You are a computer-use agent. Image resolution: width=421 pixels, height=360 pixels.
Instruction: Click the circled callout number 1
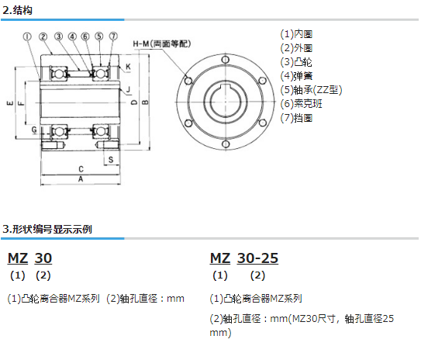coord(27,36)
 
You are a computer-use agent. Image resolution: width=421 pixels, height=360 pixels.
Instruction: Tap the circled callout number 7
coord(113,36)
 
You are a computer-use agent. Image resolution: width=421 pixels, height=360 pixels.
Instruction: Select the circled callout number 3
coord(58,36)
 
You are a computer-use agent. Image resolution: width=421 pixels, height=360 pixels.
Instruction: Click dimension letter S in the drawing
coord(111,160)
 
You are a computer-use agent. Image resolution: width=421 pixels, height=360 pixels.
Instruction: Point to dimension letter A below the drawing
coord(81,179)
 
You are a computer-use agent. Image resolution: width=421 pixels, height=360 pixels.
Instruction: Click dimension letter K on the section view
coord(128,67)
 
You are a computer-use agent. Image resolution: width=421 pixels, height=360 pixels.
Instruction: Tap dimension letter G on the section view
coord(34,130)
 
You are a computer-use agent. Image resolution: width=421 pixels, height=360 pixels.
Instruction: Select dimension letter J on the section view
coord(128,89)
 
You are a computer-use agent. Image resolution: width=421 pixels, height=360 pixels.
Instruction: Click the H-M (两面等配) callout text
coord(162,43)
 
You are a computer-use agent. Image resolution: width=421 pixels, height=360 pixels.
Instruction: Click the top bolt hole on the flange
coord(226,60)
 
